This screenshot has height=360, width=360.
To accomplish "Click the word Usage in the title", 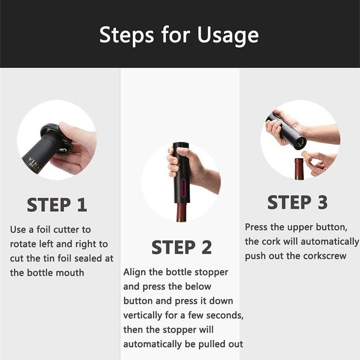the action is pos(228,35).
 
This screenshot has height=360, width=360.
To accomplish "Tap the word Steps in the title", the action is pos(127,35).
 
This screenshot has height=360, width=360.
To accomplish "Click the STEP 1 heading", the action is pos(57,205).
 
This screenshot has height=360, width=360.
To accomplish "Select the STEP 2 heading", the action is pos(182,247).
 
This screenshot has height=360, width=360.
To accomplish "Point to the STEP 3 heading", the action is pos(298,202).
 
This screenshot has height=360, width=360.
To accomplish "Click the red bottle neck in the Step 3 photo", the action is pos(300,169).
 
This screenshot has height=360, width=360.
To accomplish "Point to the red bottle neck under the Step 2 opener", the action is pos(182,212).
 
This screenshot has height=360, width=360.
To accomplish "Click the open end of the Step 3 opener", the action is pos(300,143).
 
